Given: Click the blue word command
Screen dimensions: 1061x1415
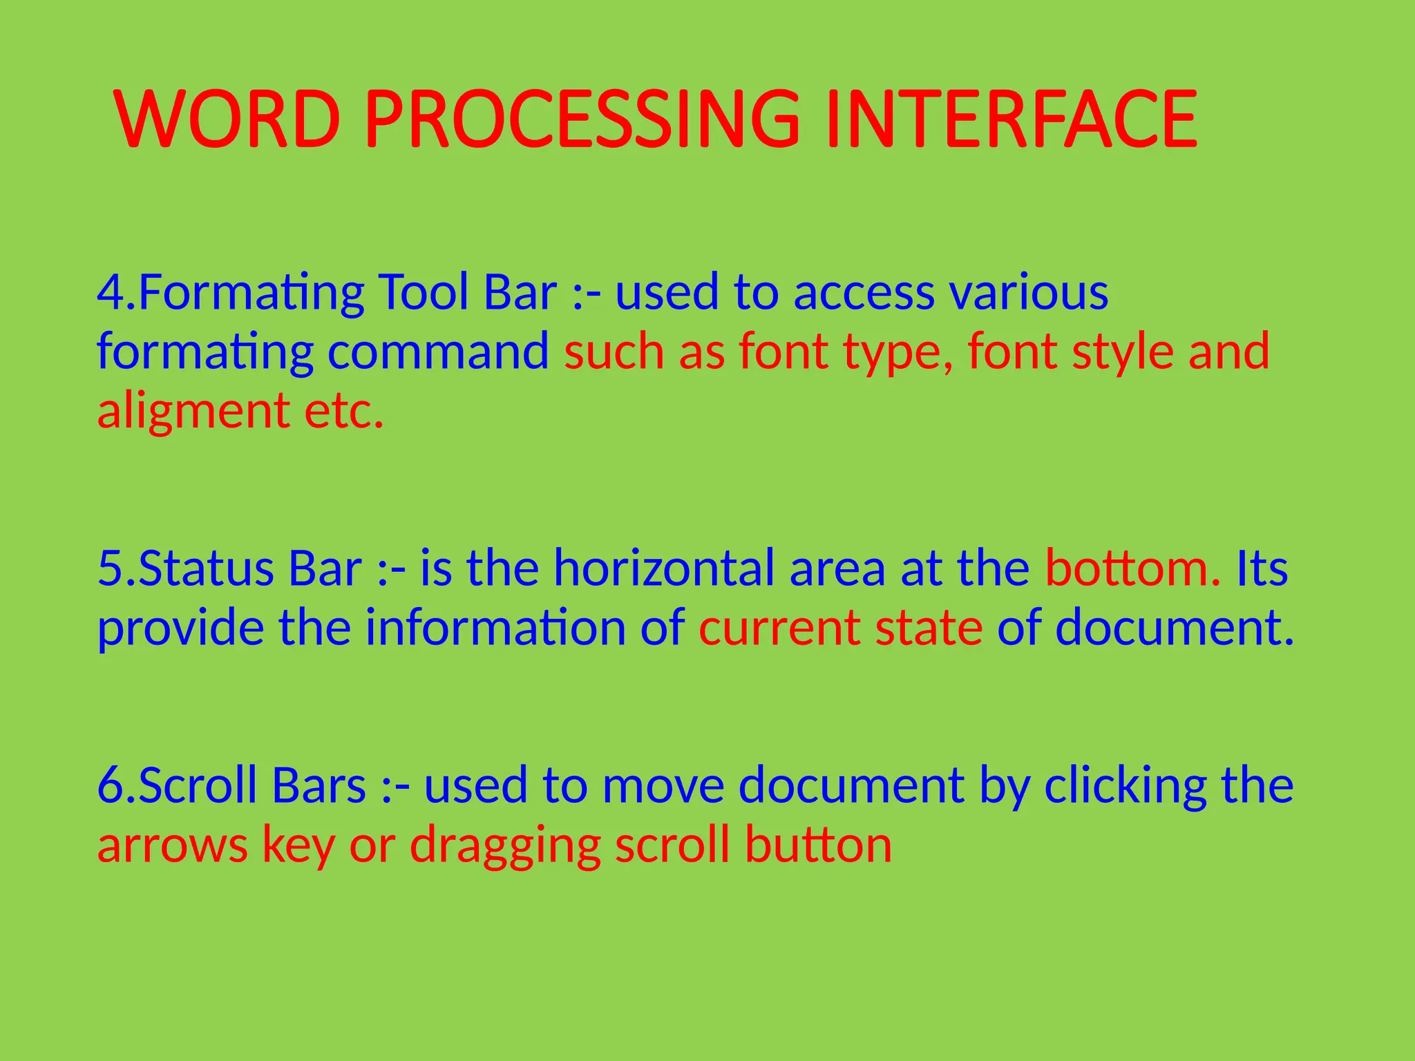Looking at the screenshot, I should point(438,351).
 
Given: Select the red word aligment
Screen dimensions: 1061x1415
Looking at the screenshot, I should point(193,412).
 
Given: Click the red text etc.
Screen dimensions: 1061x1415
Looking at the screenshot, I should point(344,412).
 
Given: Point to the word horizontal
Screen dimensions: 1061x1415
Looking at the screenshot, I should point(664,568).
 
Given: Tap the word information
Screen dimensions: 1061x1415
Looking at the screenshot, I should point(495,628).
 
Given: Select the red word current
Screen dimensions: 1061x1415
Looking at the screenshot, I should point(779,628).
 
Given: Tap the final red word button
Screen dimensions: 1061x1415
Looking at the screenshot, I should point(818,845).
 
